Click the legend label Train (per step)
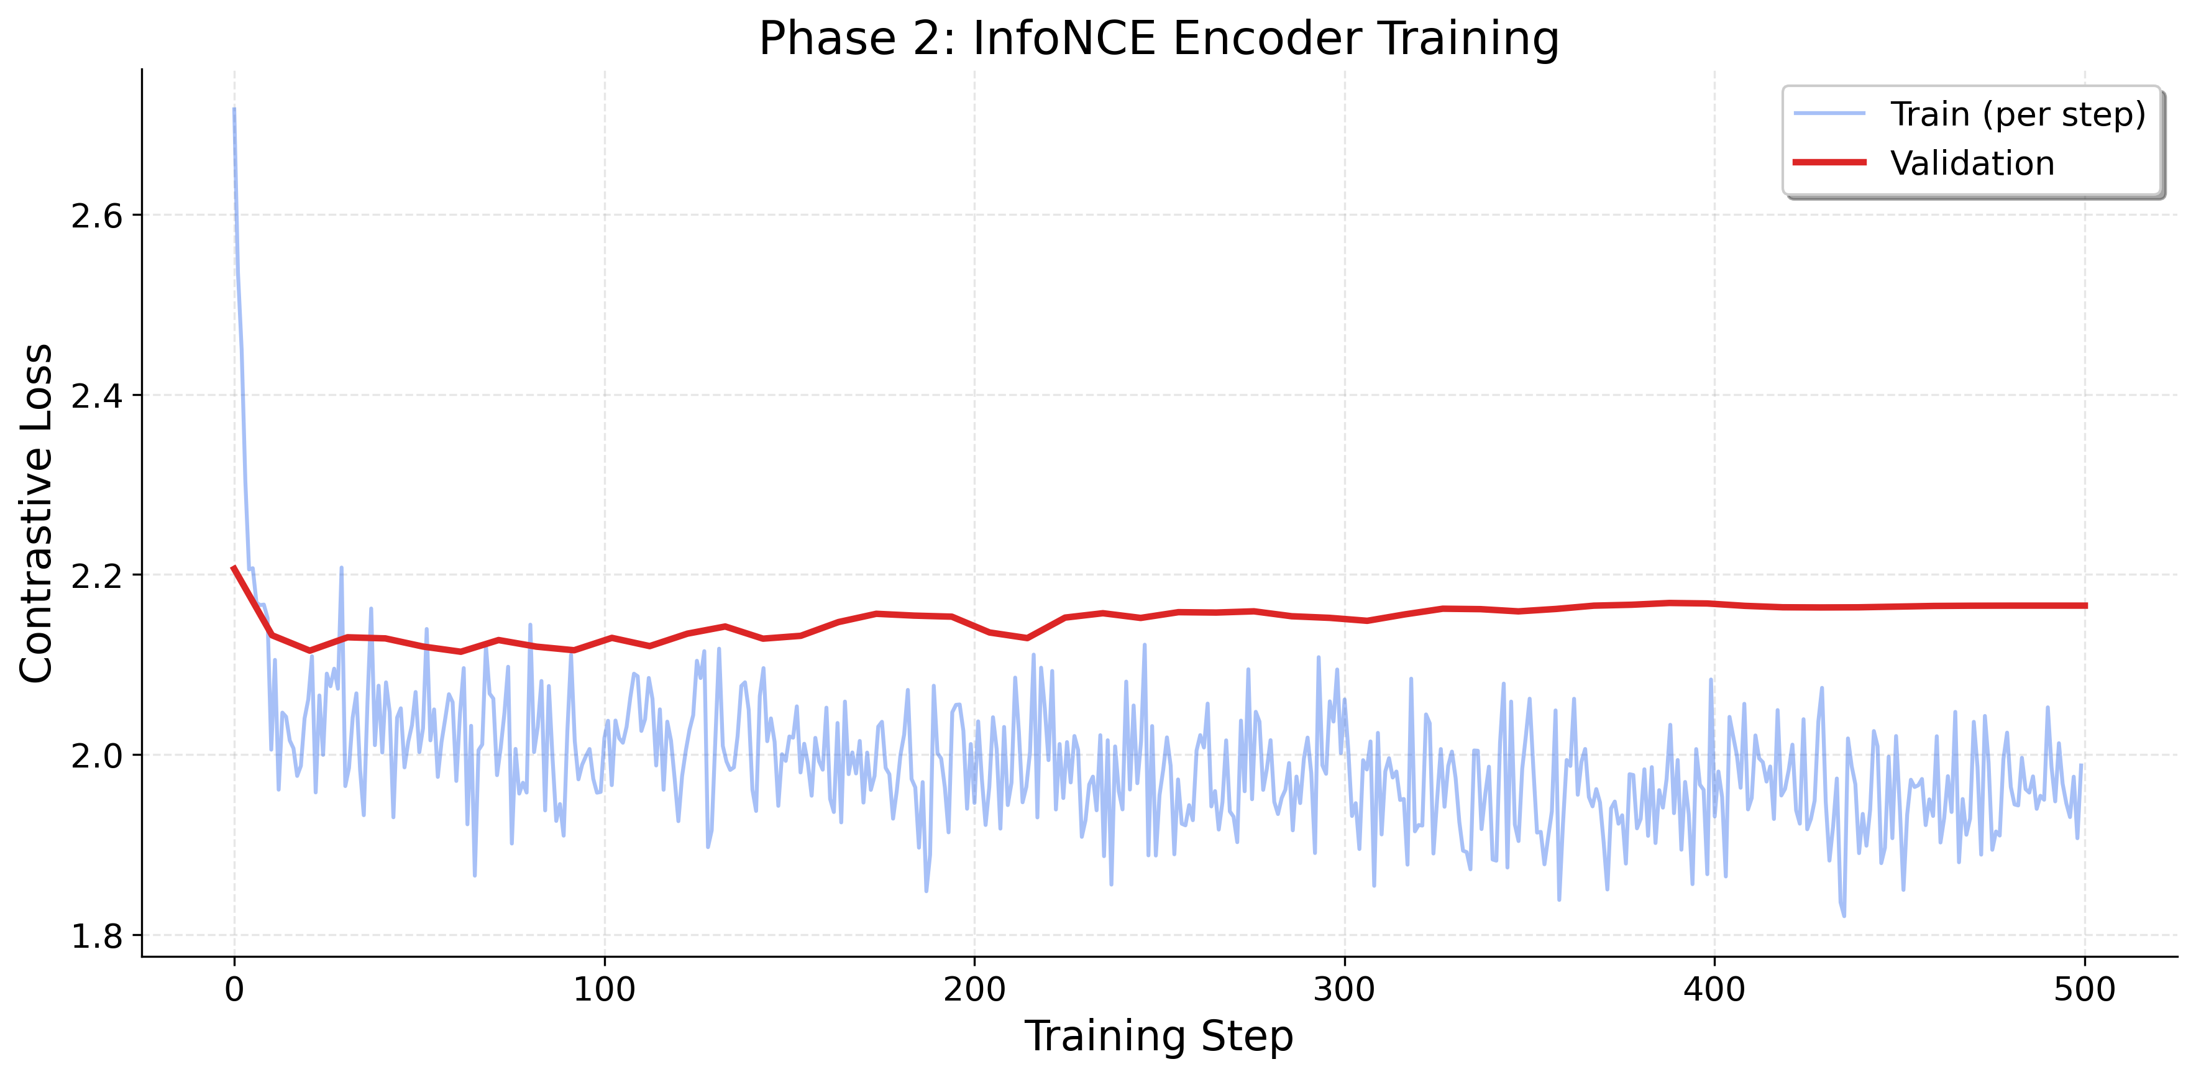pos(2017,114)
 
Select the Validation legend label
pos(1972,163)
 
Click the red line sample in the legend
pos(1829,163)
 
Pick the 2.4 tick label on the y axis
pos(96,396)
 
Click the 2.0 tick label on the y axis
pos(96,756)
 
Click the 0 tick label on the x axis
pos(234,990)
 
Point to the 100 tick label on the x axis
pos(605,990)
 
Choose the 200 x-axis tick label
pos(974,990)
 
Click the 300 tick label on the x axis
pos(1344,990)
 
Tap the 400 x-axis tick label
pos(1714,990)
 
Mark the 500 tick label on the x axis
pos(2084,990)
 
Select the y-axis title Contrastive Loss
pos(37,513)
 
